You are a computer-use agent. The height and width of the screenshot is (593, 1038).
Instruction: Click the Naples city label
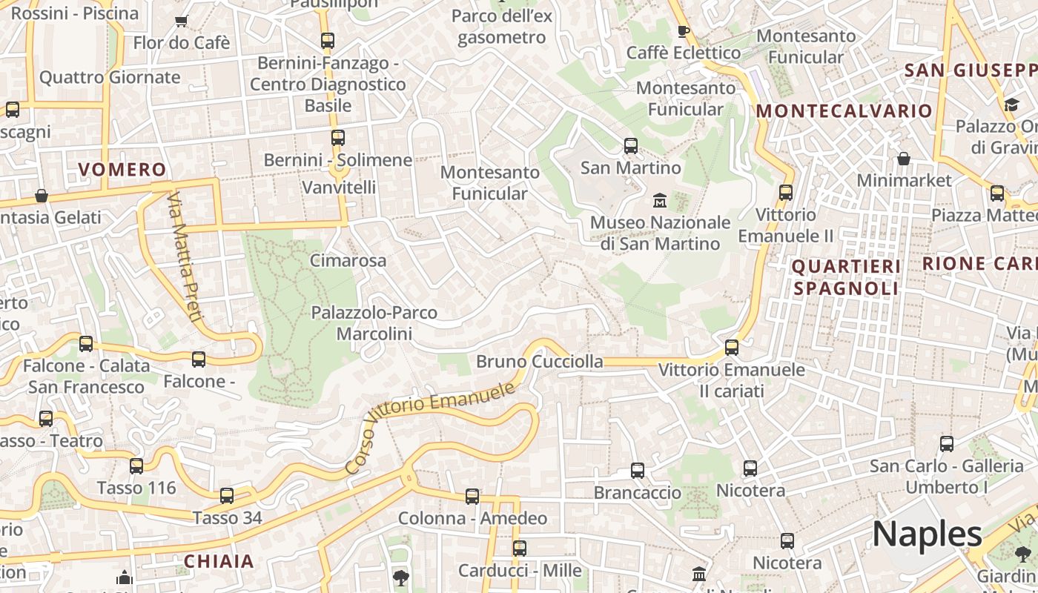click(927, 534)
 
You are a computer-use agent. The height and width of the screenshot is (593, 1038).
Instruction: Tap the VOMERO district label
click(122, 170)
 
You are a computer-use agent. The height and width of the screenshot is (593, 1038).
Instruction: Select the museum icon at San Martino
click(659, 200)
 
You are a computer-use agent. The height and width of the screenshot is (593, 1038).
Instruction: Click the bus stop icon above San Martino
click(631, 146)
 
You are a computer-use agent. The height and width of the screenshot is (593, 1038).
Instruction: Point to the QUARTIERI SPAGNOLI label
click(846, 277)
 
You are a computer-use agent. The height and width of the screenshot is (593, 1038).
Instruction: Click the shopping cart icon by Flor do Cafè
click(182, 21)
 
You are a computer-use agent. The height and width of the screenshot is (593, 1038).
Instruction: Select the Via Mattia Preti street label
click(185, 258)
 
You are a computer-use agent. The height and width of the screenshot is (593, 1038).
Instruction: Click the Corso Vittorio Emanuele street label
click(430, 428)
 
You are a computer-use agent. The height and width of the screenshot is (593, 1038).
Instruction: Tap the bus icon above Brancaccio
click(638, 470)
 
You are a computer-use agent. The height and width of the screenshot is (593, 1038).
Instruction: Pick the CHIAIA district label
click(219, 561)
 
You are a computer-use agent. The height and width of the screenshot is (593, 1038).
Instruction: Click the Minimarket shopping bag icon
click(903, 159)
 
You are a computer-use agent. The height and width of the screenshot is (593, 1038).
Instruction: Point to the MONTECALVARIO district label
click(844, 111)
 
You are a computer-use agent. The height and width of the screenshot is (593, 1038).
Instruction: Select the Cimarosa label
click(348, 260)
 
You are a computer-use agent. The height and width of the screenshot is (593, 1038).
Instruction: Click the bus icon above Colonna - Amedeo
click(472, 497)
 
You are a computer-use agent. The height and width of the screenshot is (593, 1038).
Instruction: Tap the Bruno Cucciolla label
click(539, 362)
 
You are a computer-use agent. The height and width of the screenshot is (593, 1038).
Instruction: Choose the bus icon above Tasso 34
click(227, 495)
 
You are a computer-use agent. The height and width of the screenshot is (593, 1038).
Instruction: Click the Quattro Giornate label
click(110, 77)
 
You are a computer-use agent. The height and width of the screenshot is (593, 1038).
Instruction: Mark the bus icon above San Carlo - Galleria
click(947, 444)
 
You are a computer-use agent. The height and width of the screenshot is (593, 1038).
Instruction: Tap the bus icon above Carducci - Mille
click(520, 549)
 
